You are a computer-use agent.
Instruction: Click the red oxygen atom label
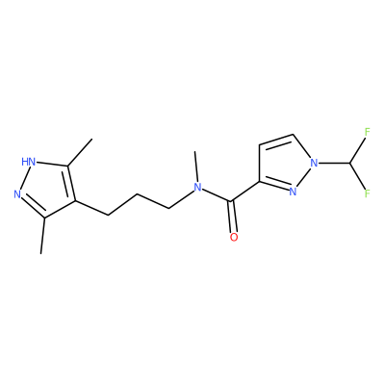click(x=234, y=237)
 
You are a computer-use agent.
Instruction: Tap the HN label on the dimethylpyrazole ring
click(x=28, y=162)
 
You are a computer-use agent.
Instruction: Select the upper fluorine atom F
click(x=368, y=132)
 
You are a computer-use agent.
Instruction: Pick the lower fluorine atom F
click(x=368, y=193)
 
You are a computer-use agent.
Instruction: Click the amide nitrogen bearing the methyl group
click(x=198, y=188)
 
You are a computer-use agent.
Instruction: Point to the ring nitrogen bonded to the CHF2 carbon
click(x=314, y=163)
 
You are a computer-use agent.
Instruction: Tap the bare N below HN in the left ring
click(x=17, y=194)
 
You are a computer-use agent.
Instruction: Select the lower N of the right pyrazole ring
click(x=293, y=192)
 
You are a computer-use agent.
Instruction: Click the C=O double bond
click(x=233, y=217)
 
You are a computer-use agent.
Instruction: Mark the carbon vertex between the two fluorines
click(x=349, y=163)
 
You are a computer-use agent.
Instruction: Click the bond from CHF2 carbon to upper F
click(x=358, y=150)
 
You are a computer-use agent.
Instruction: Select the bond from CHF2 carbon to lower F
click(x=358, y=176)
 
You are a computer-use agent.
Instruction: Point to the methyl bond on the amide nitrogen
click(x=196, y=167)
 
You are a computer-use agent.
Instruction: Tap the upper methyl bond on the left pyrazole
click(x=80, y=152)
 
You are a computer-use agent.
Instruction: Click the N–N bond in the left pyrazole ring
click(x=24, y=178)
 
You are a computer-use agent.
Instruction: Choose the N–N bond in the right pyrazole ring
click(x=304, y=176)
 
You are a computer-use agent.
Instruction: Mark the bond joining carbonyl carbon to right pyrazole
click(x=245, y=192)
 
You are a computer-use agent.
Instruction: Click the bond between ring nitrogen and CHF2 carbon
click(x=334, y=163)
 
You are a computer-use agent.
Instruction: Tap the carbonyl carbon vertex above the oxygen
click(x=231, y=201)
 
